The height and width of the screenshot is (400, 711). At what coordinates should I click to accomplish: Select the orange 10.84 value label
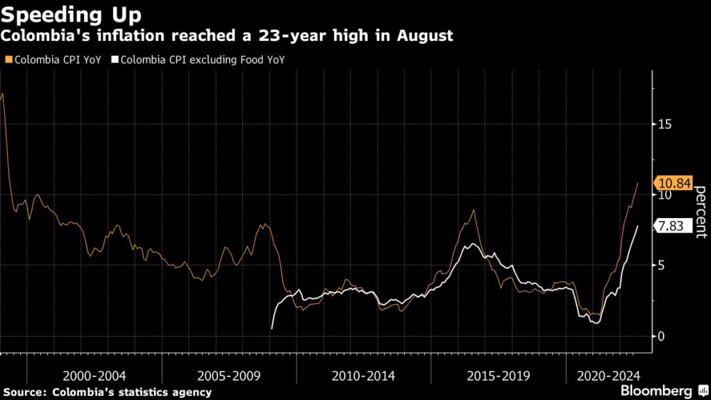674,183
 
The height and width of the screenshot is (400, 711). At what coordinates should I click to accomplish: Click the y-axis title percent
701,212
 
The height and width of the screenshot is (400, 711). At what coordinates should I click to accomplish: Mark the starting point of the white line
271,328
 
